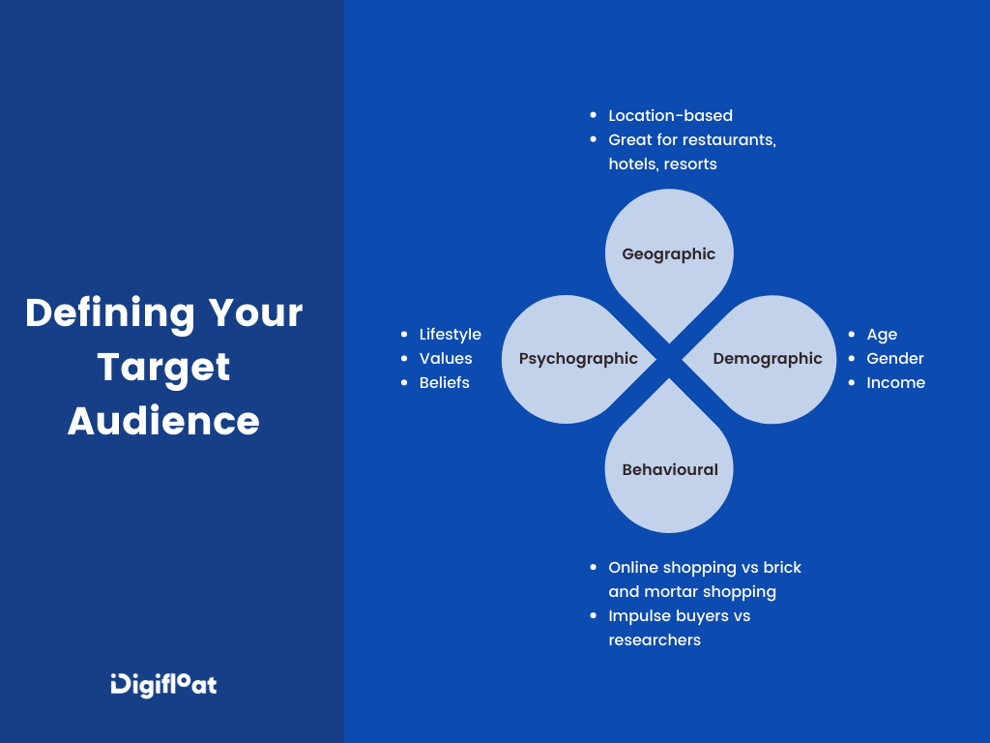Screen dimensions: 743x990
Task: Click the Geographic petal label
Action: tap(669, 254)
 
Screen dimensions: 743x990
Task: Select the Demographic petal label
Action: tap(768, 359)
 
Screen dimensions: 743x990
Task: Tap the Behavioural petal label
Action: tap(670, 470)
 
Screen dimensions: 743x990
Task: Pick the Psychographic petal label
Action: tap(578, 359)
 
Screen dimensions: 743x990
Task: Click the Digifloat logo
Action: tap(163, 684)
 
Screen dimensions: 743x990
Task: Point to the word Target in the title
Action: tap(163, 368)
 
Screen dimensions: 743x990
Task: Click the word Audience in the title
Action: tap(163, 422)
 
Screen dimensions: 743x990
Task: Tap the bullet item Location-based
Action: tap(670, 116)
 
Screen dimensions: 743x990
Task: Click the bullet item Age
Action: tap(882, 335)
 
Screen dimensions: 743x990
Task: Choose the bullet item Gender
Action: tap(895, 359)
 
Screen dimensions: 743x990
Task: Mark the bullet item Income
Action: tap(895, 383)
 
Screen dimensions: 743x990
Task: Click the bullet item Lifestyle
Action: tap(450, 335)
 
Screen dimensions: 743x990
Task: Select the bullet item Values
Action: tap(446, 359)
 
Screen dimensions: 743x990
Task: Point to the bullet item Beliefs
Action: tap(444, 383)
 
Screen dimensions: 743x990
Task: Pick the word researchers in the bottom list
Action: tap(655, 640)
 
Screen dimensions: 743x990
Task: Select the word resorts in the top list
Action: tap(690, 164)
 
